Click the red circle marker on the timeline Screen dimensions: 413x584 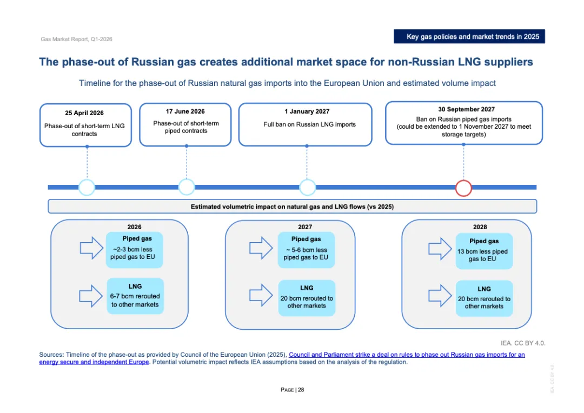(463, 188)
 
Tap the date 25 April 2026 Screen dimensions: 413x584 (84, 113)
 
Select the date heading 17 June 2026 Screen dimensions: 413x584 (185, 111)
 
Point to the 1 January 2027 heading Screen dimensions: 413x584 (307, 111)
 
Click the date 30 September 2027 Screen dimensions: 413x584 (463, 109)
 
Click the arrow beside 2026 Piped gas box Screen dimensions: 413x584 (91, 248)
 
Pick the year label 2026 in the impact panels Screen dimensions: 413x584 (134, 227)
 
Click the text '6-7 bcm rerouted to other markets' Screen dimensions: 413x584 (135, 301)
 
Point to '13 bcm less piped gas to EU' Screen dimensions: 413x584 (483, 255)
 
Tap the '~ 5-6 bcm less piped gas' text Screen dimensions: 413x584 (306, 254)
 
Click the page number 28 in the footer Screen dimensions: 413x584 (301, 390)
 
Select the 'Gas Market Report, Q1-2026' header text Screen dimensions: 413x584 (76, 39)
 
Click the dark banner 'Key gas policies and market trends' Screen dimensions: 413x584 (469, 37)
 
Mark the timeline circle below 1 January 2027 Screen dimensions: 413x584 (307, 188)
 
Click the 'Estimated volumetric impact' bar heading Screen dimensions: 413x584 (292, 206)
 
